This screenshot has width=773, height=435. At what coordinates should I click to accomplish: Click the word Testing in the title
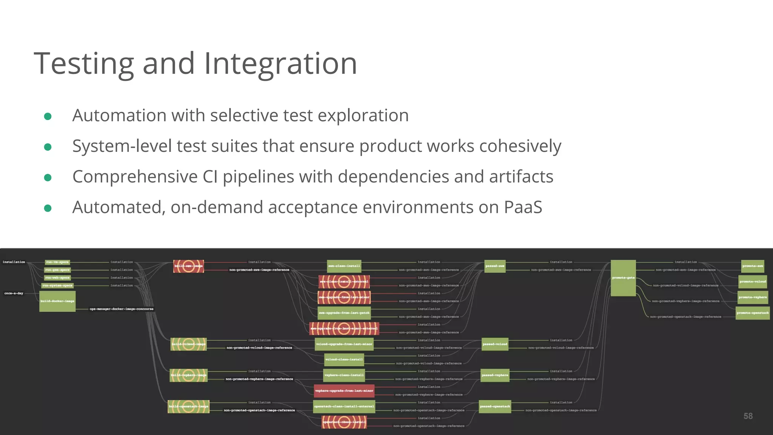84,63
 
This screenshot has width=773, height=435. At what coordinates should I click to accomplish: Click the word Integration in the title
280,63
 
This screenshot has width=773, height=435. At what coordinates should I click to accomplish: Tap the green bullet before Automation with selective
48,116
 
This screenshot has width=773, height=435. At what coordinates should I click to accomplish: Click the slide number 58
748,416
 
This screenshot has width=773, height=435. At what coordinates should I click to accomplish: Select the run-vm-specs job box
57,262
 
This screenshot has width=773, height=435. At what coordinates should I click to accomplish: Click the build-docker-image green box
57,301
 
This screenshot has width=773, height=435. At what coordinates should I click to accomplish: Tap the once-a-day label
14,293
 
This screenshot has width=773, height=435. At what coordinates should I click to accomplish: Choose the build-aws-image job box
188,266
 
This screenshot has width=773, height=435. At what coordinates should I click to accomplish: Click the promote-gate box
623,278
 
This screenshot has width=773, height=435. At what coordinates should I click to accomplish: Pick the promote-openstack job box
753,313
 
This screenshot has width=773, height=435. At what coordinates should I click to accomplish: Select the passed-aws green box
495,266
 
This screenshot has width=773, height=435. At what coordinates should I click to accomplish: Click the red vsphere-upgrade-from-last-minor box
344,391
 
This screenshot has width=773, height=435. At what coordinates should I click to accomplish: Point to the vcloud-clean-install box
344,359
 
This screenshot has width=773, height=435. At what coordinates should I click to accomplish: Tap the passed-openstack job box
495,407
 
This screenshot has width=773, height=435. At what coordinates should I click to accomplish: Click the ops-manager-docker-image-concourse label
122,309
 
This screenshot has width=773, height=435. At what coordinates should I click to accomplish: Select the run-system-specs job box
57,285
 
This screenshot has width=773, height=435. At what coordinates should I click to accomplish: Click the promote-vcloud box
753,282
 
